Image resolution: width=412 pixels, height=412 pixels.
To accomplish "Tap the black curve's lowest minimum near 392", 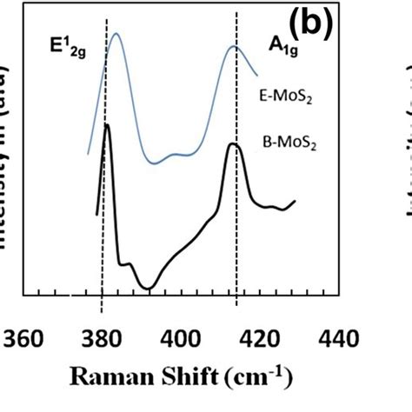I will (x=149, y=288).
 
